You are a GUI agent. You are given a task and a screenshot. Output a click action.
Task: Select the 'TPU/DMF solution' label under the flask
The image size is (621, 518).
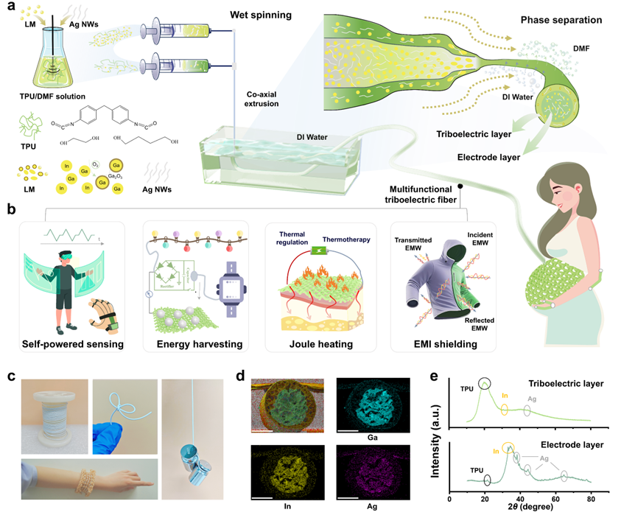click(46, 97)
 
